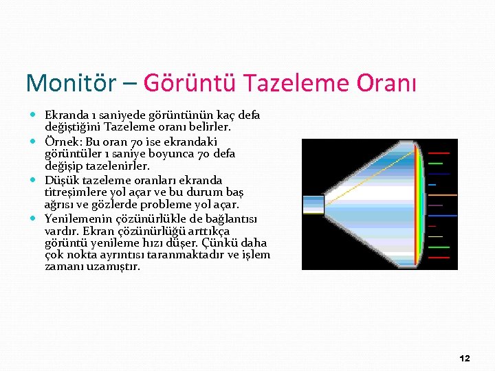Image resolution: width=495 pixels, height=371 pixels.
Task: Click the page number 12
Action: [464, 359]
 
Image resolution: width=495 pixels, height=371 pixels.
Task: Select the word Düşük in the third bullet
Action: [62, 179]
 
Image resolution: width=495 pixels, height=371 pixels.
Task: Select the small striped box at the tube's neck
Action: [313, 204]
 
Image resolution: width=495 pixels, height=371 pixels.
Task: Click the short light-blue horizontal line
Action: [432, 185]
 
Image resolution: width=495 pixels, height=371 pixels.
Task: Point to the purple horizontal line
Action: [435, 205]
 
